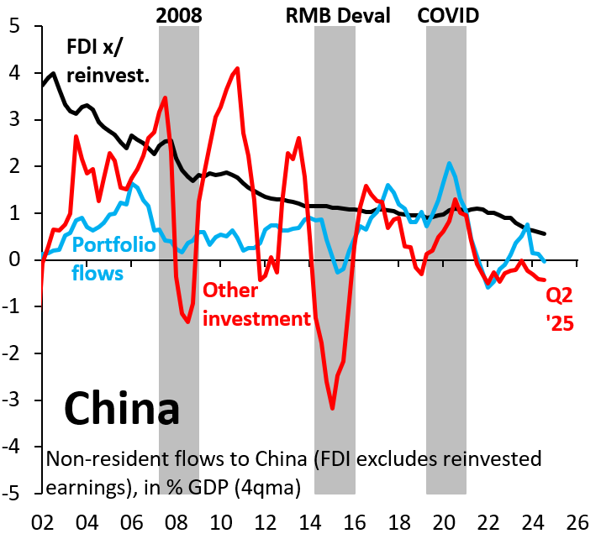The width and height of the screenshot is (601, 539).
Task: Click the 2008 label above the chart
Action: click(178, 14)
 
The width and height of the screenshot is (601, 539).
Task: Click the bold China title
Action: click(122, 409)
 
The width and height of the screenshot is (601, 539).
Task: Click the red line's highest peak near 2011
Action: click(238, 68)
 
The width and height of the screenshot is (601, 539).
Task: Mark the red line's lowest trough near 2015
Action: click(333, 408)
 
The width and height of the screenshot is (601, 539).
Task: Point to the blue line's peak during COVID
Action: click(450, 163)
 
